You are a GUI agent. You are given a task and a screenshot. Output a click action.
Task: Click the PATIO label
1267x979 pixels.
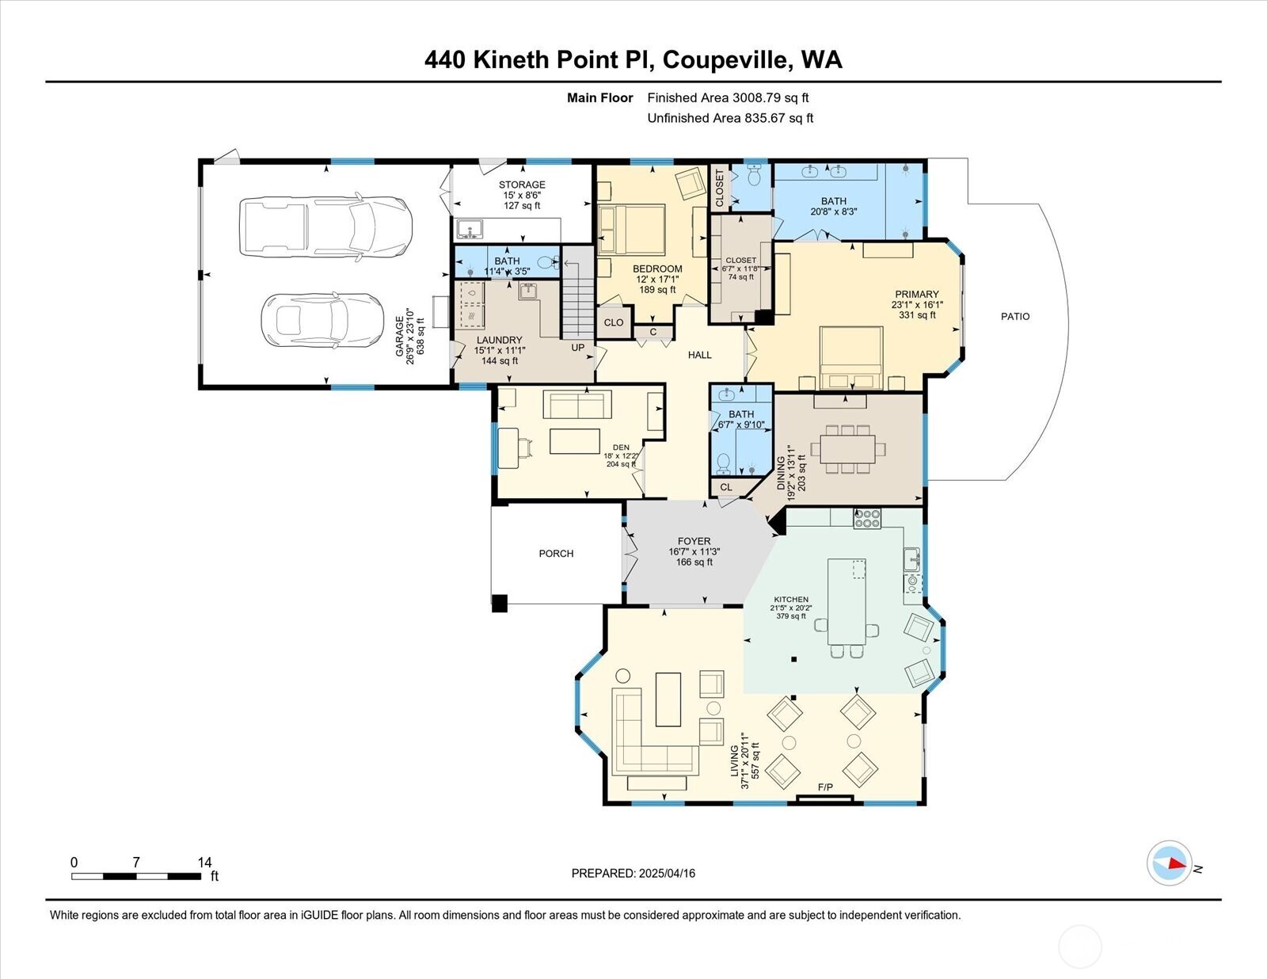pyautogui.click(x=1014, y=316)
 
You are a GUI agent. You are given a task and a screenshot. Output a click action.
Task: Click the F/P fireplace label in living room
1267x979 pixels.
pyautogui.click(x=825, y=787)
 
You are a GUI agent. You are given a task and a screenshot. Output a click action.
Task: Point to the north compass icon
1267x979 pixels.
pyautogui.click(x=1170, y=863)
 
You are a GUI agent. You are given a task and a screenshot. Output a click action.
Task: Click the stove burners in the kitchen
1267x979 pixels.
pyautogui.click(x=867, y=519)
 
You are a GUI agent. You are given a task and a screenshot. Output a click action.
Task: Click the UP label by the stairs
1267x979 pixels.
pyautogui.click(x=578, y=347)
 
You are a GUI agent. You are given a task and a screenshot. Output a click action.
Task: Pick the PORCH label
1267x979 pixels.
pyautogui.click(x=556, y=554)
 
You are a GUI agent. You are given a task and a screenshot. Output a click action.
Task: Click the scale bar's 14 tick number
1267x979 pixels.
pyautogui.click(x=204, y=863)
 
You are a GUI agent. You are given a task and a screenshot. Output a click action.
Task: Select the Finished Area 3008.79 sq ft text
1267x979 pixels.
pyautogui.click(x=728, y=98)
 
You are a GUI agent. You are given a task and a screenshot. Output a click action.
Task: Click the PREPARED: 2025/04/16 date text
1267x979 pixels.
pyautogui.click(x=633, y=873)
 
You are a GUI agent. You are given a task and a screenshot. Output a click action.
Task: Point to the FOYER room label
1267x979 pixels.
pyautogui.click(x=694, y=541)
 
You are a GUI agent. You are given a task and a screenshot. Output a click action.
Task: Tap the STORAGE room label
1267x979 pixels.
pyautogui.click(x=522, y=185)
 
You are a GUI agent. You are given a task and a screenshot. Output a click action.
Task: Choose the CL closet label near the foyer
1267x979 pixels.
pyautogui.click(x=725, y=487)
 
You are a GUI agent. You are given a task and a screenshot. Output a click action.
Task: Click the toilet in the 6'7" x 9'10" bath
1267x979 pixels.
pyautogui.click(x=723, y=461)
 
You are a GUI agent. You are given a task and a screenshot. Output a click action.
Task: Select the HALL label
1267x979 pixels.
pyautogui.click(x=699, y=355)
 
